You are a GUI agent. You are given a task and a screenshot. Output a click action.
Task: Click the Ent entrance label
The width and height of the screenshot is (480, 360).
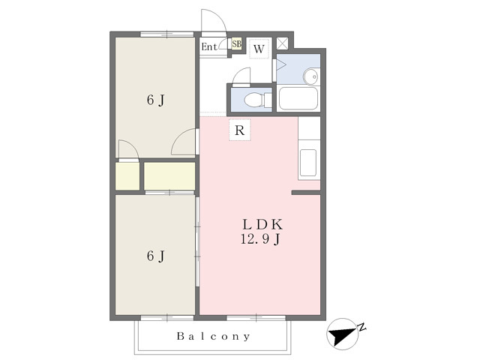pyautogui.click(x=209, y=46)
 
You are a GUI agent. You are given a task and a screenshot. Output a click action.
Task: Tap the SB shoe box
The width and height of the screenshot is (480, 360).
pyautogui.click(x=236, y=43)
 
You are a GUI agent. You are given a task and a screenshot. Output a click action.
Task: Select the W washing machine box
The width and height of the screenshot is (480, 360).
pyautogui.click(x=259, y=48)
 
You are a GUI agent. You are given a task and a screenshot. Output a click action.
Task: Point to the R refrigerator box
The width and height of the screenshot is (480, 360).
pyautogui.click(x=240, y=130)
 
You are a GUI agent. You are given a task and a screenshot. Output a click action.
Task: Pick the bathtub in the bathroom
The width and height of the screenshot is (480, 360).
pyautogui.click(x=298, y=98)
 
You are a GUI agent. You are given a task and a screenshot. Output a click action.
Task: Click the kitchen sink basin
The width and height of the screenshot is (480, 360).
pyautogui.click(x=308, y=163)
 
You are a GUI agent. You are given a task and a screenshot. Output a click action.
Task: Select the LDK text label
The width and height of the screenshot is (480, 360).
pyautogui.click(x=262, y=225)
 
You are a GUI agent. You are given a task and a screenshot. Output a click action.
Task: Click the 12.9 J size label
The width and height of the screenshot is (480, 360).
pyautogui.click(x=260, y=239)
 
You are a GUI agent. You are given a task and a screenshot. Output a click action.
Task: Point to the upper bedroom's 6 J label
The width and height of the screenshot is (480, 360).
pyautogui.click(x=156, y=100)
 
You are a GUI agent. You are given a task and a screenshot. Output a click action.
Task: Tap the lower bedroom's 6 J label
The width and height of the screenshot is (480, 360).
pyautogui.click(x=156, y=256)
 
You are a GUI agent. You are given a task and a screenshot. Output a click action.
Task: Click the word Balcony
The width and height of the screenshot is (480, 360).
pyautogui.click(x=213, y=337)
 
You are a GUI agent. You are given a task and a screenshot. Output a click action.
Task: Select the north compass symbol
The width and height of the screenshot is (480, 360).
pyautogui.click(x=343, y=334)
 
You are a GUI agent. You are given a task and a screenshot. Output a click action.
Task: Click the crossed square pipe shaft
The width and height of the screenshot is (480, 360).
pyautogui.click(x=282, y=43)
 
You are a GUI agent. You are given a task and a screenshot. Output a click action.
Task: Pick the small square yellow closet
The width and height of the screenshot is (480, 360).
pyautogui.click(x=127, y=176)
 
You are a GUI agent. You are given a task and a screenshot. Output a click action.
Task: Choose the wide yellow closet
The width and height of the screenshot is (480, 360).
pyautogui.click(x=169, y=176)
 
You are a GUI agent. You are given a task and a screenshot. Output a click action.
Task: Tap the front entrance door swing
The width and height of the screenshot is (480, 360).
pyautogui.click(x=214, y=22)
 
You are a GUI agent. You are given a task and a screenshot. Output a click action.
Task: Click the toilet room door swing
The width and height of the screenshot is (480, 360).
pyautogui.click(x=241, y=76)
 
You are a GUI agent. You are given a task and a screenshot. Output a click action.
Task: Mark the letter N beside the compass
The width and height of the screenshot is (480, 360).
pyautogui.click(x=362, y=327)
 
